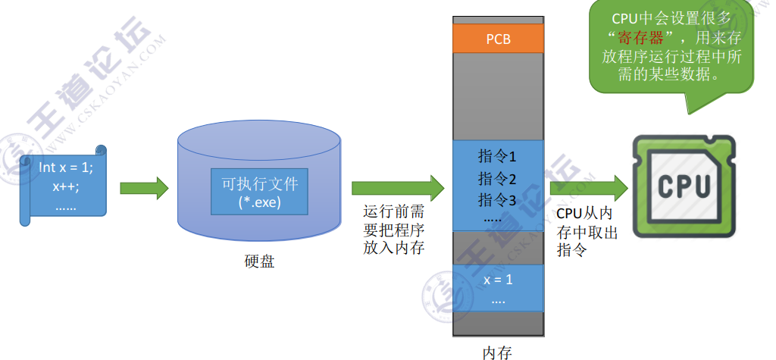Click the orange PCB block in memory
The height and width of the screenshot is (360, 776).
(x=498, y=38)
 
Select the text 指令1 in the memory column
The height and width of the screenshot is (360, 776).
(x=497, y=157)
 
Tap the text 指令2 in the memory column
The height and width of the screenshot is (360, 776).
(x=497, y=179)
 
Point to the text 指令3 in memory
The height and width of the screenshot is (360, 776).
(x=497, y=200)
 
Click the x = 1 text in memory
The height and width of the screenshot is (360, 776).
(x=498, y=280)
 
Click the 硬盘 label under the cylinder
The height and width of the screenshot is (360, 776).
(x=259, y=261)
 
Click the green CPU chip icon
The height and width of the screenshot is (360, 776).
(x=684, y=186)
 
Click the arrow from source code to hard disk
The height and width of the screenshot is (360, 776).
(x=143, y=187)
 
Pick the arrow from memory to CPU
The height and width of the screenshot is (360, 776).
(x=589, y=187)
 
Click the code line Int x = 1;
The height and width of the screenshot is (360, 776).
(x=66, y=166)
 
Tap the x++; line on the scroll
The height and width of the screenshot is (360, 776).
(x=66, y=186)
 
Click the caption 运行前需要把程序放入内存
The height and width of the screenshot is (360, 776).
(x=393, y=230)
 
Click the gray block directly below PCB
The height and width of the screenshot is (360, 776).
(x=498, y=95)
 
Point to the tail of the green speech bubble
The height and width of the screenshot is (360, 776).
(x=693, y=102)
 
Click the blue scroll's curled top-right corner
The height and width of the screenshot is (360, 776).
(x=98, y=151)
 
